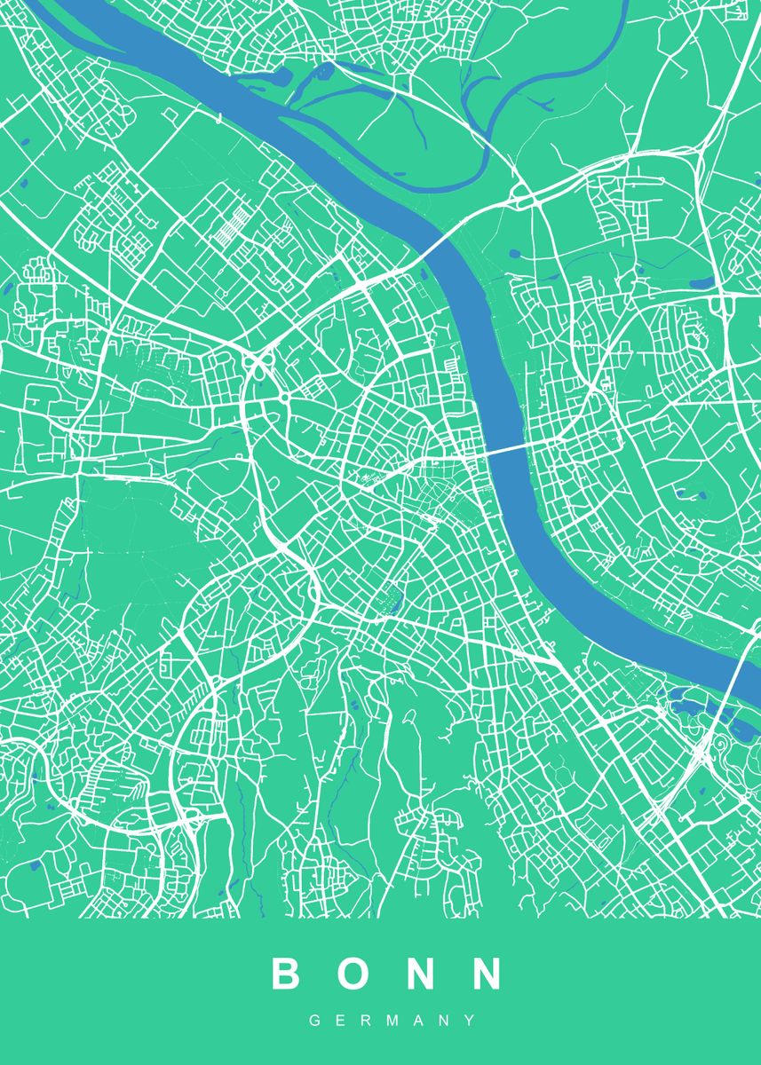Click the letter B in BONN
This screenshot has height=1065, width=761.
(288, 974)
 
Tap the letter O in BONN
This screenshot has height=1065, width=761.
(357, 974)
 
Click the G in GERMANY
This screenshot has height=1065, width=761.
(314, 1022)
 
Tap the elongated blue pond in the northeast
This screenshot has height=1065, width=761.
(702, 284)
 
